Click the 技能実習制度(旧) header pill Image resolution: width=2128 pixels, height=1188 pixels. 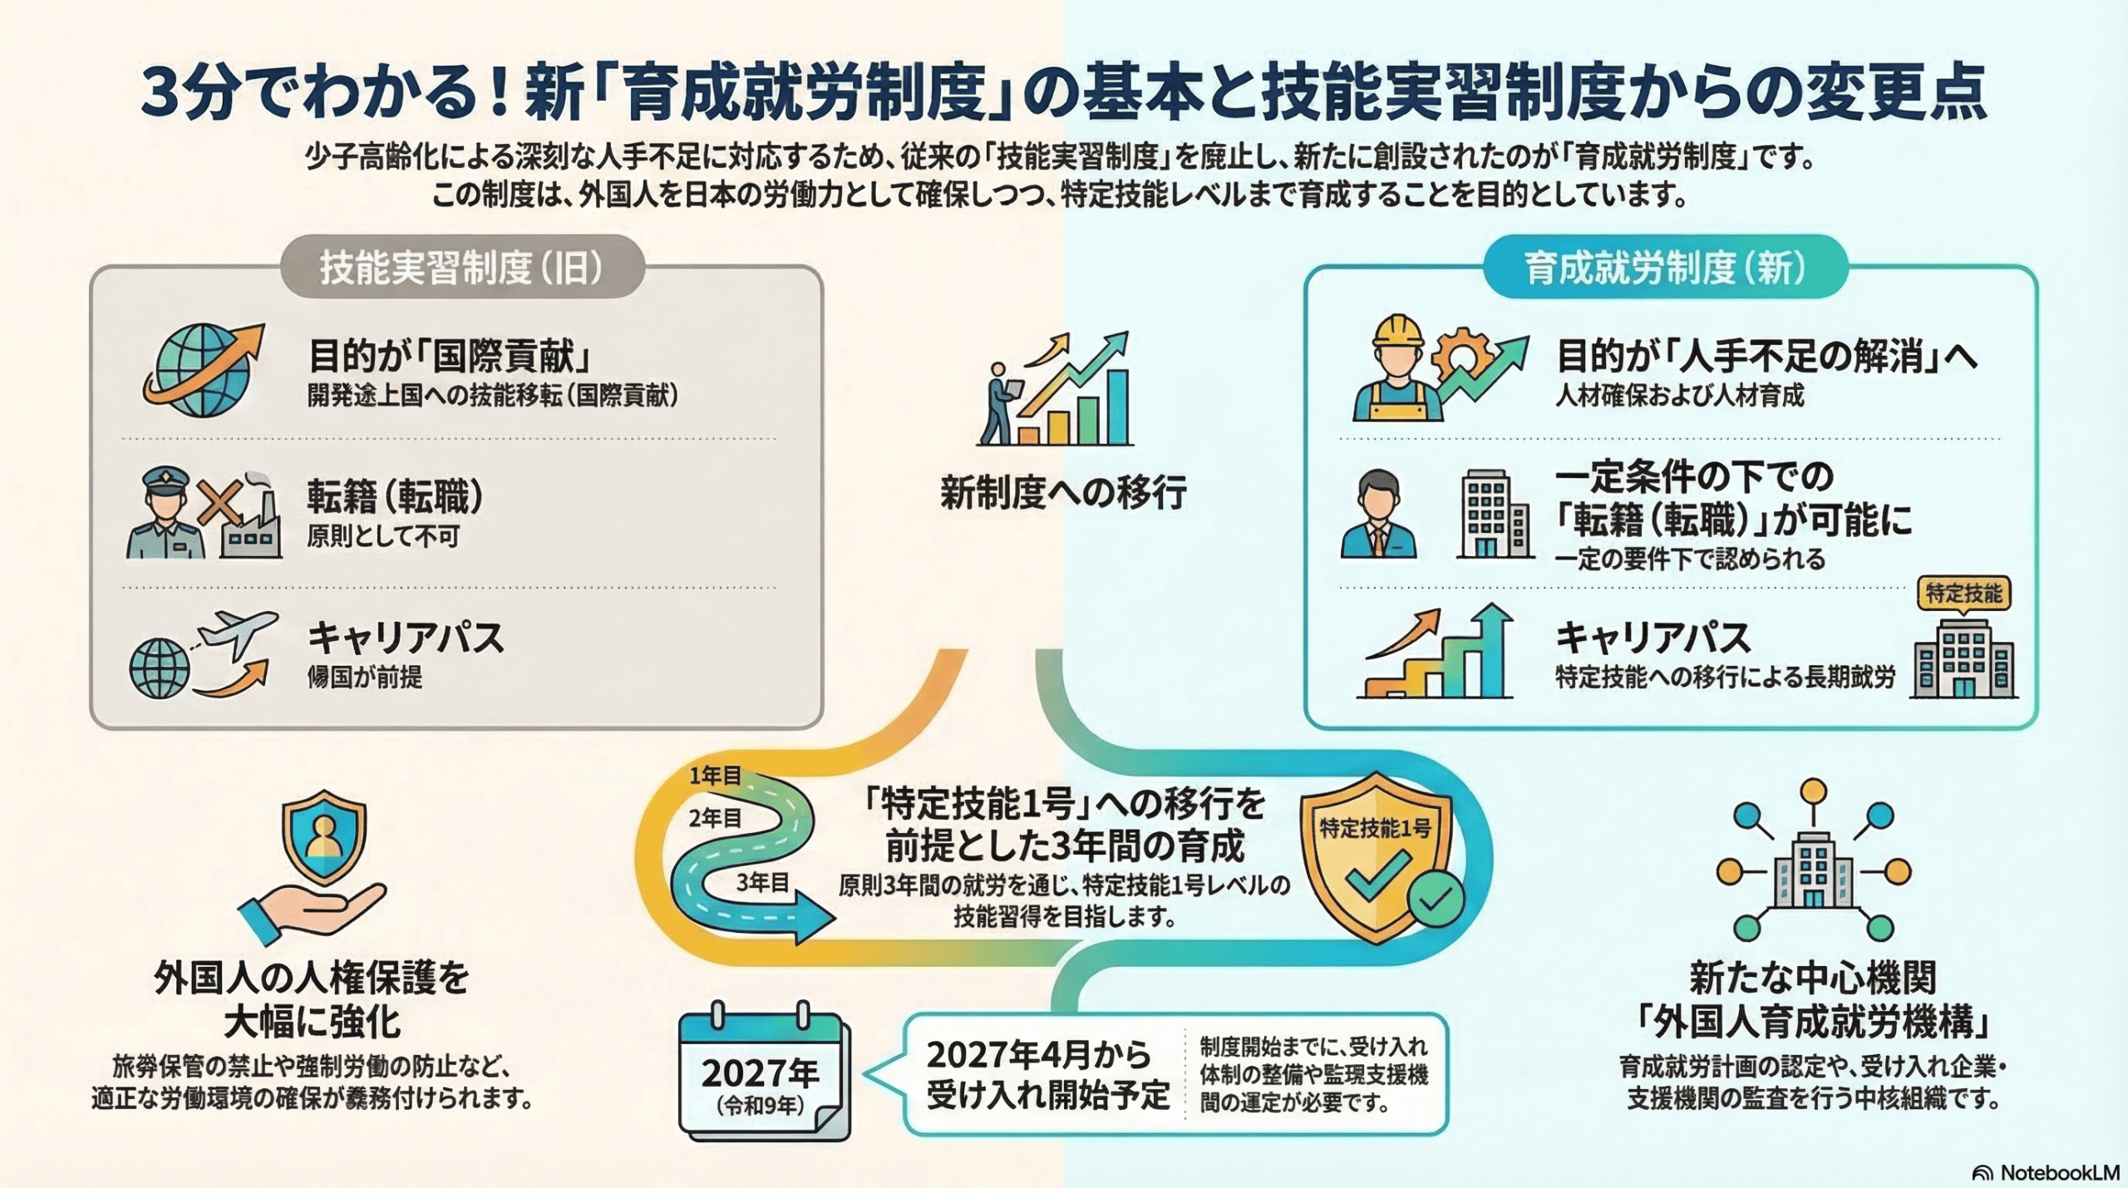[461, 268]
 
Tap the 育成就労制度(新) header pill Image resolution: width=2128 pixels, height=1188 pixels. [1665, 268]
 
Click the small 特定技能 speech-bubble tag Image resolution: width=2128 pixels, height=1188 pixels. [1963, 594]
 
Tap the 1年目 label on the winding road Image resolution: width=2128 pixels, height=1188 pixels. [714, 776]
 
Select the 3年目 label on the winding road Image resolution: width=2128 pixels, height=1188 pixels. [761, 882]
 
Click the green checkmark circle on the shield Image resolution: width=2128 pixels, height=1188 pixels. [1436, 898]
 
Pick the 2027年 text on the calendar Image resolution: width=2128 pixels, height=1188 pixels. [760, 1072]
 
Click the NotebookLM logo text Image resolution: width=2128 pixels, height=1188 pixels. [2058, 1172]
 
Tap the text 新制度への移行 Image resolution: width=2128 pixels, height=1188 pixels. [1063, 492]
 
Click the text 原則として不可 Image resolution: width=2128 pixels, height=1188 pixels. [383, 536]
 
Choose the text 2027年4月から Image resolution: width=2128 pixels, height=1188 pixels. [1038, 1055]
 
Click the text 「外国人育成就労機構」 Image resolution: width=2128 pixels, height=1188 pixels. [1813, 1022]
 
